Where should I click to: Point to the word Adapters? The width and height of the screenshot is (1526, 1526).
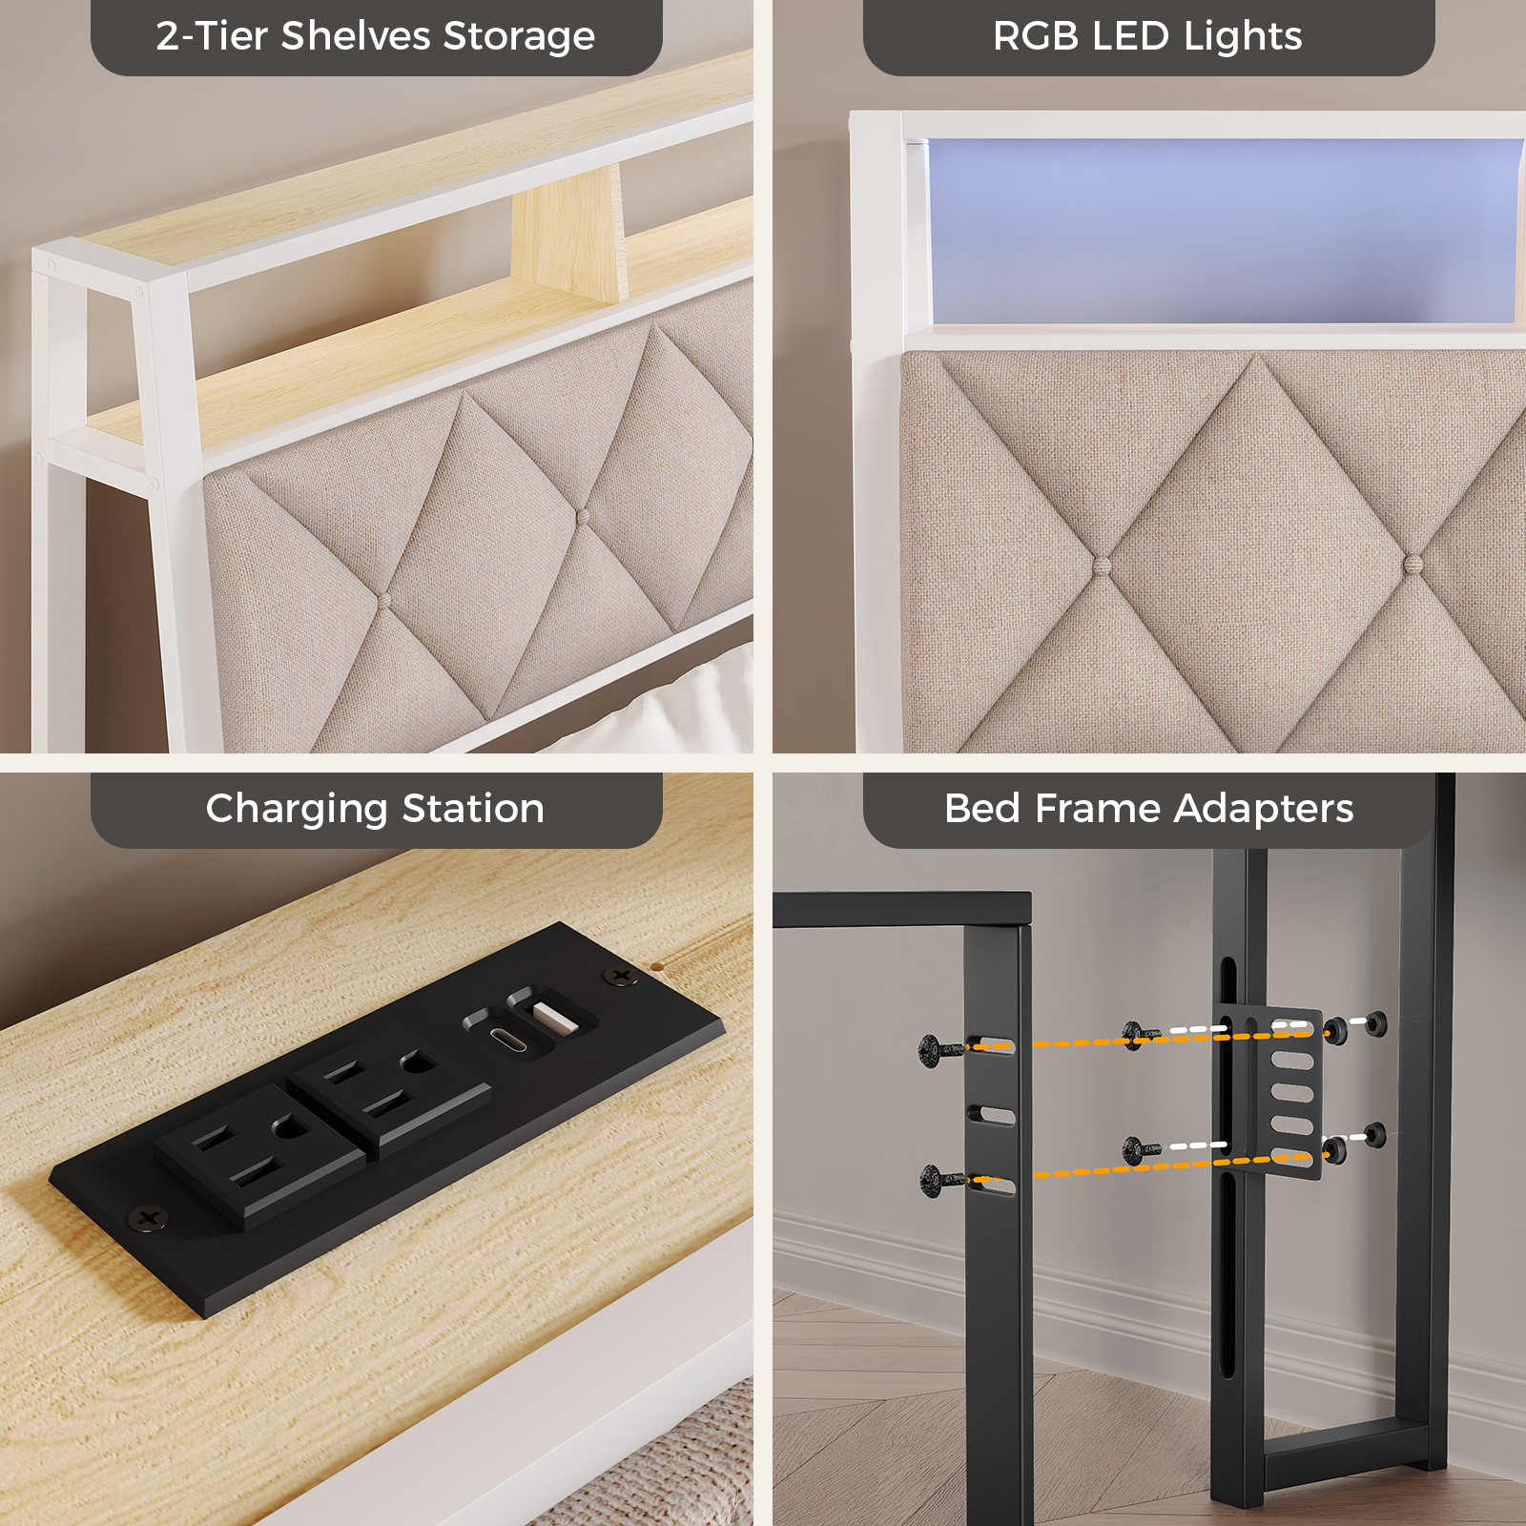click(x=1264, y=810)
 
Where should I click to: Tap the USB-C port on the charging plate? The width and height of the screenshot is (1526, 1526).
click(x=508, y=1038)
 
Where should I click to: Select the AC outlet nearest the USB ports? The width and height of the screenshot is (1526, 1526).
click(x=389, y=1091)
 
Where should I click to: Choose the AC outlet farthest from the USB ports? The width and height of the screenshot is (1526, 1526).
click(x=258, y=1156)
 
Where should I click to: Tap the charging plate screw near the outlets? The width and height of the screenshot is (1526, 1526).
click(x=148, y=1218)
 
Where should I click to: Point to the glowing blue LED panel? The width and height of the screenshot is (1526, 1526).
click(x=1224, y=232)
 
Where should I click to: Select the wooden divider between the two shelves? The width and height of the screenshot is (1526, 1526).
click(x=569, y=234)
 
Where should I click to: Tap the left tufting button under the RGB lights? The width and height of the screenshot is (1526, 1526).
click(x=1103, y=565)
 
